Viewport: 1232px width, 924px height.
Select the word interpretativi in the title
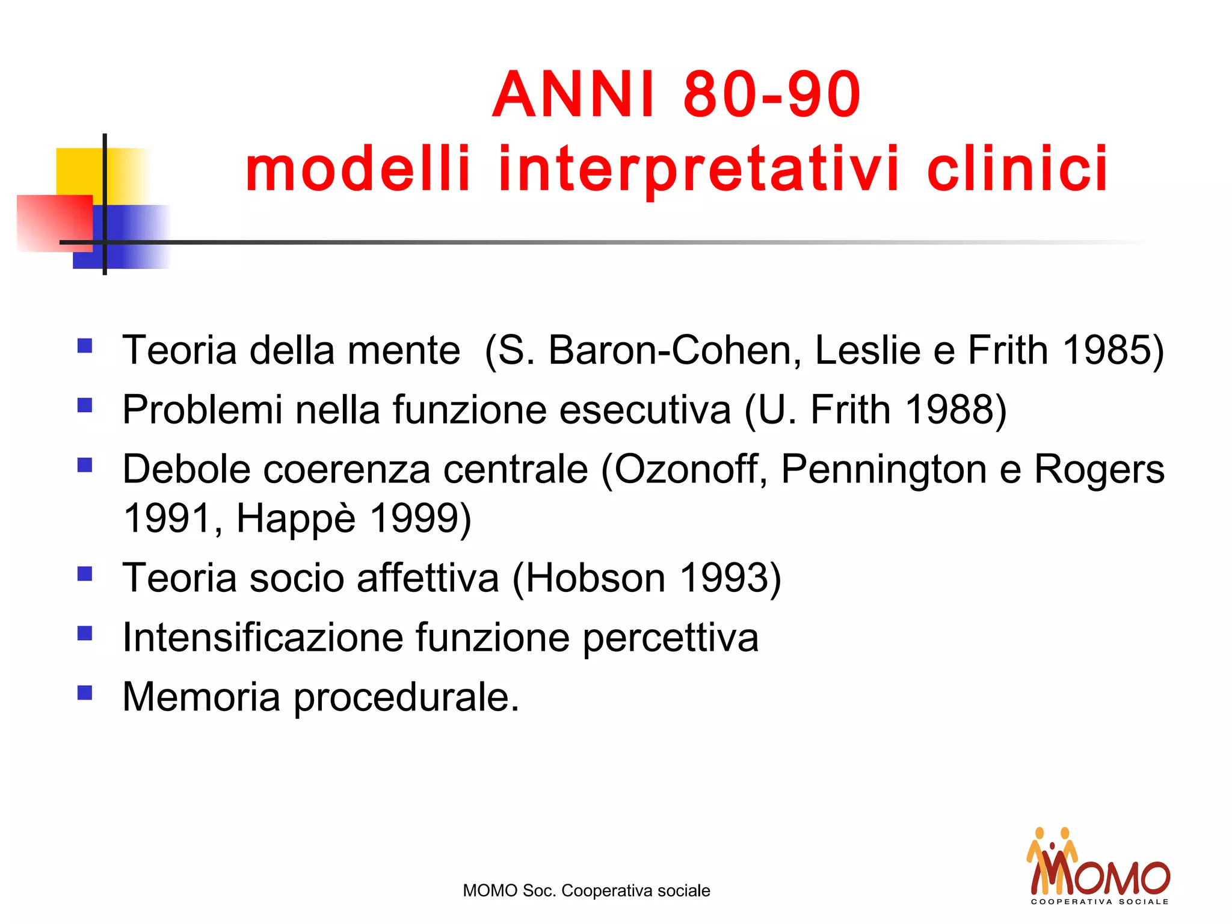pyautogui.click(x=698, y=170)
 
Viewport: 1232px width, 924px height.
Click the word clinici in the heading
pyautogui.click(x=1017, y=170)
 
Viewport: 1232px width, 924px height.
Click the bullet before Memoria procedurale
pyautogui.click(x=85, y=693)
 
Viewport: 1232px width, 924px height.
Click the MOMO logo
pyautogui.click(x=1098, y=866)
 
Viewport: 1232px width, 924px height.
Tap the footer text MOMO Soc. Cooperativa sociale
pyautogui.click(x=586, y=890)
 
